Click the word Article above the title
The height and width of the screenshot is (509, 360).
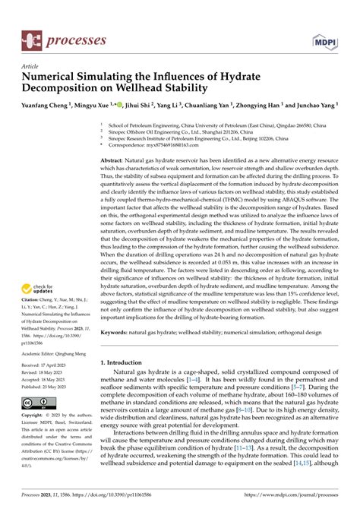coord(33,67)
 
